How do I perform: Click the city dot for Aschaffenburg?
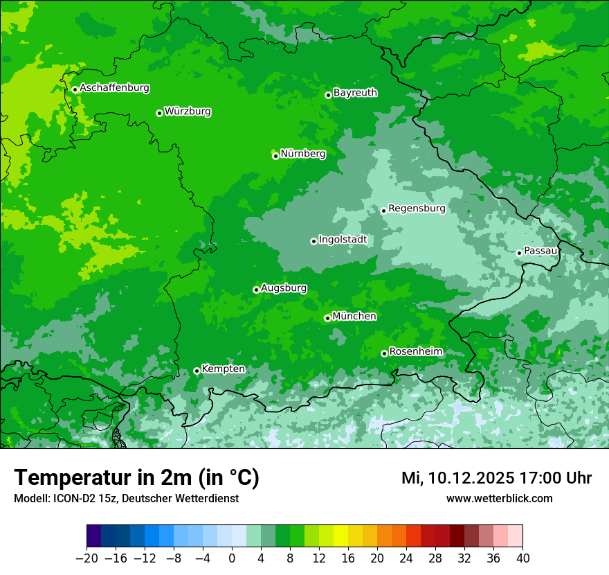pyautogui.click(x=75, y=89)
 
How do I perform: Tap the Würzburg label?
pyautogui.click(x=188, y=112)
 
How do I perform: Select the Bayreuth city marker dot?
pyautogui.click(x=328, y=95)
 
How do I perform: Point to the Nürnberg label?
pyautogui.click(x=302, y=154)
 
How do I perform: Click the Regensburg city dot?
pyautogui.click(x=383, y=211)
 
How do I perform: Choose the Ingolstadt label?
pyautogui.click(x=343, y=240)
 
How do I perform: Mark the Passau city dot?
pyautogui.click(x=519, y=253)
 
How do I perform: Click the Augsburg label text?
pyautogui.click(x=284, y=288)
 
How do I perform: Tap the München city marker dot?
pyautogui.click(x=327, y=318)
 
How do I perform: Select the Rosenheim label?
pyautogui.click(x=415, y=352)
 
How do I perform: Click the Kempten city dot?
pyautogui.click(x=197, y=371)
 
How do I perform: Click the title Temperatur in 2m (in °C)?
pyautogui.click(x=136, y=478)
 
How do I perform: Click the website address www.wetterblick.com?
pyautogui.click(x=499, y=498)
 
